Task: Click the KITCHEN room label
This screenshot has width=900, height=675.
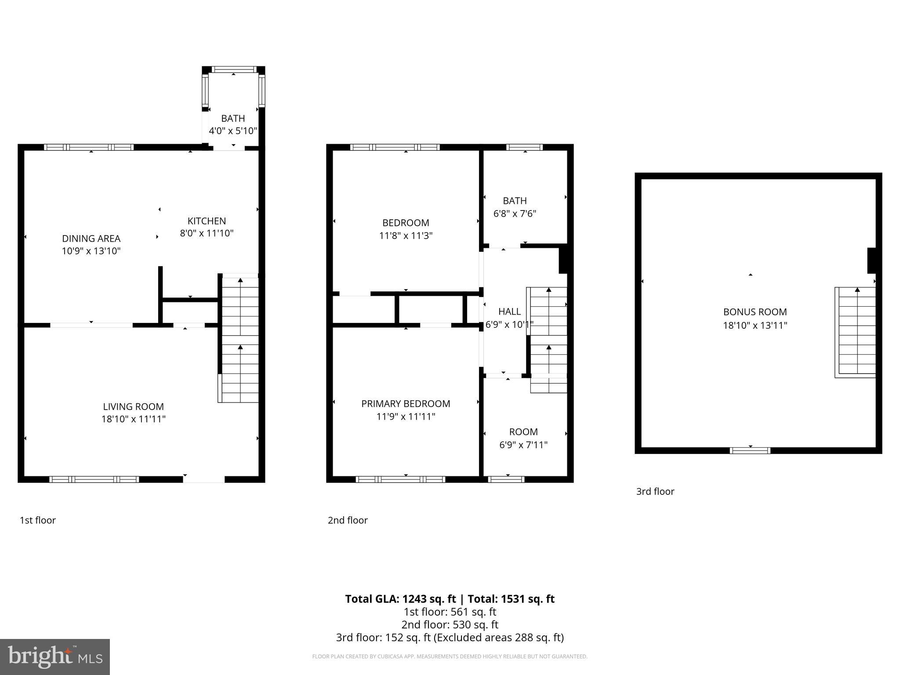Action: coord(207,221)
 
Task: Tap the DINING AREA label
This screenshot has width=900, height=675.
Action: coord(91,239)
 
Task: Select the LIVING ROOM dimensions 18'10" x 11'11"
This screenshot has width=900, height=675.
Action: coord(133,419)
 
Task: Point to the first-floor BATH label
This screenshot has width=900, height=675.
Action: coord(233,119)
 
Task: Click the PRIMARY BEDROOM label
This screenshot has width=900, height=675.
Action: coord(406,404)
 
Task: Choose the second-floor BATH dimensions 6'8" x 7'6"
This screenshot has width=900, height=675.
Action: coord(515,214)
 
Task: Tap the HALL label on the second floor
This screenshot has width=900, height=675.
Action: coord(509,312)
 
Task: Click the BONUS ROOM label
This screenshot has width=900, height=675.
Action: coord(755,312)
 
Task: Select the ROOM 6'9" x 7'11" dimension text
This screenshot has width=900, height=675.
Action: coord(523,445)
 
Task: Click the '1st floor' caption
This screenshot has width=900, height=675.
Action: coord(37,520)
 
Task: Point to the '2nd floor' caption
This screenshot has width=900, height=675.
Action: coord(347,520)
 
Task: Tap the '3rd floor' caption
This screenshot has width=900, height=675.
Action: coord(655,491)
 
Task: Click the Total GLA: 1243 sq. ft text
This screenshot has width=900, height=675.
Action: coord(400,599)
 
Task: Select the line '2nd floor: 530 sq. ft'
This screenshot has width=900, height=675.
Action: coord(450,624)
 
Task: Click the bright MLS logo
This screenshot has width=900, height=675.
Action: coord(55,657)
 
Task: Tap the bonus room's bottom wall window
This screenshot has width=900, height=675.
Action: coord(750,450)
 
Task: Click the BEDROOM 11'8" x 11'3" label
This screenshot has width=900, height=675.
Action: coord(406,229)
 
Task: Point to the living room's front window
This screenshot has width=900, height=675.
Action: coord(94,479)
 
